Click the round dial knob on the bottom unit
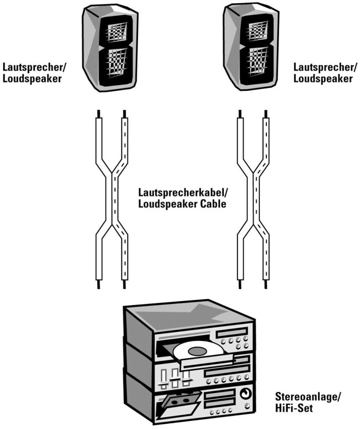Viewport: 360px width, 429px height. tap(246, 394)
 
